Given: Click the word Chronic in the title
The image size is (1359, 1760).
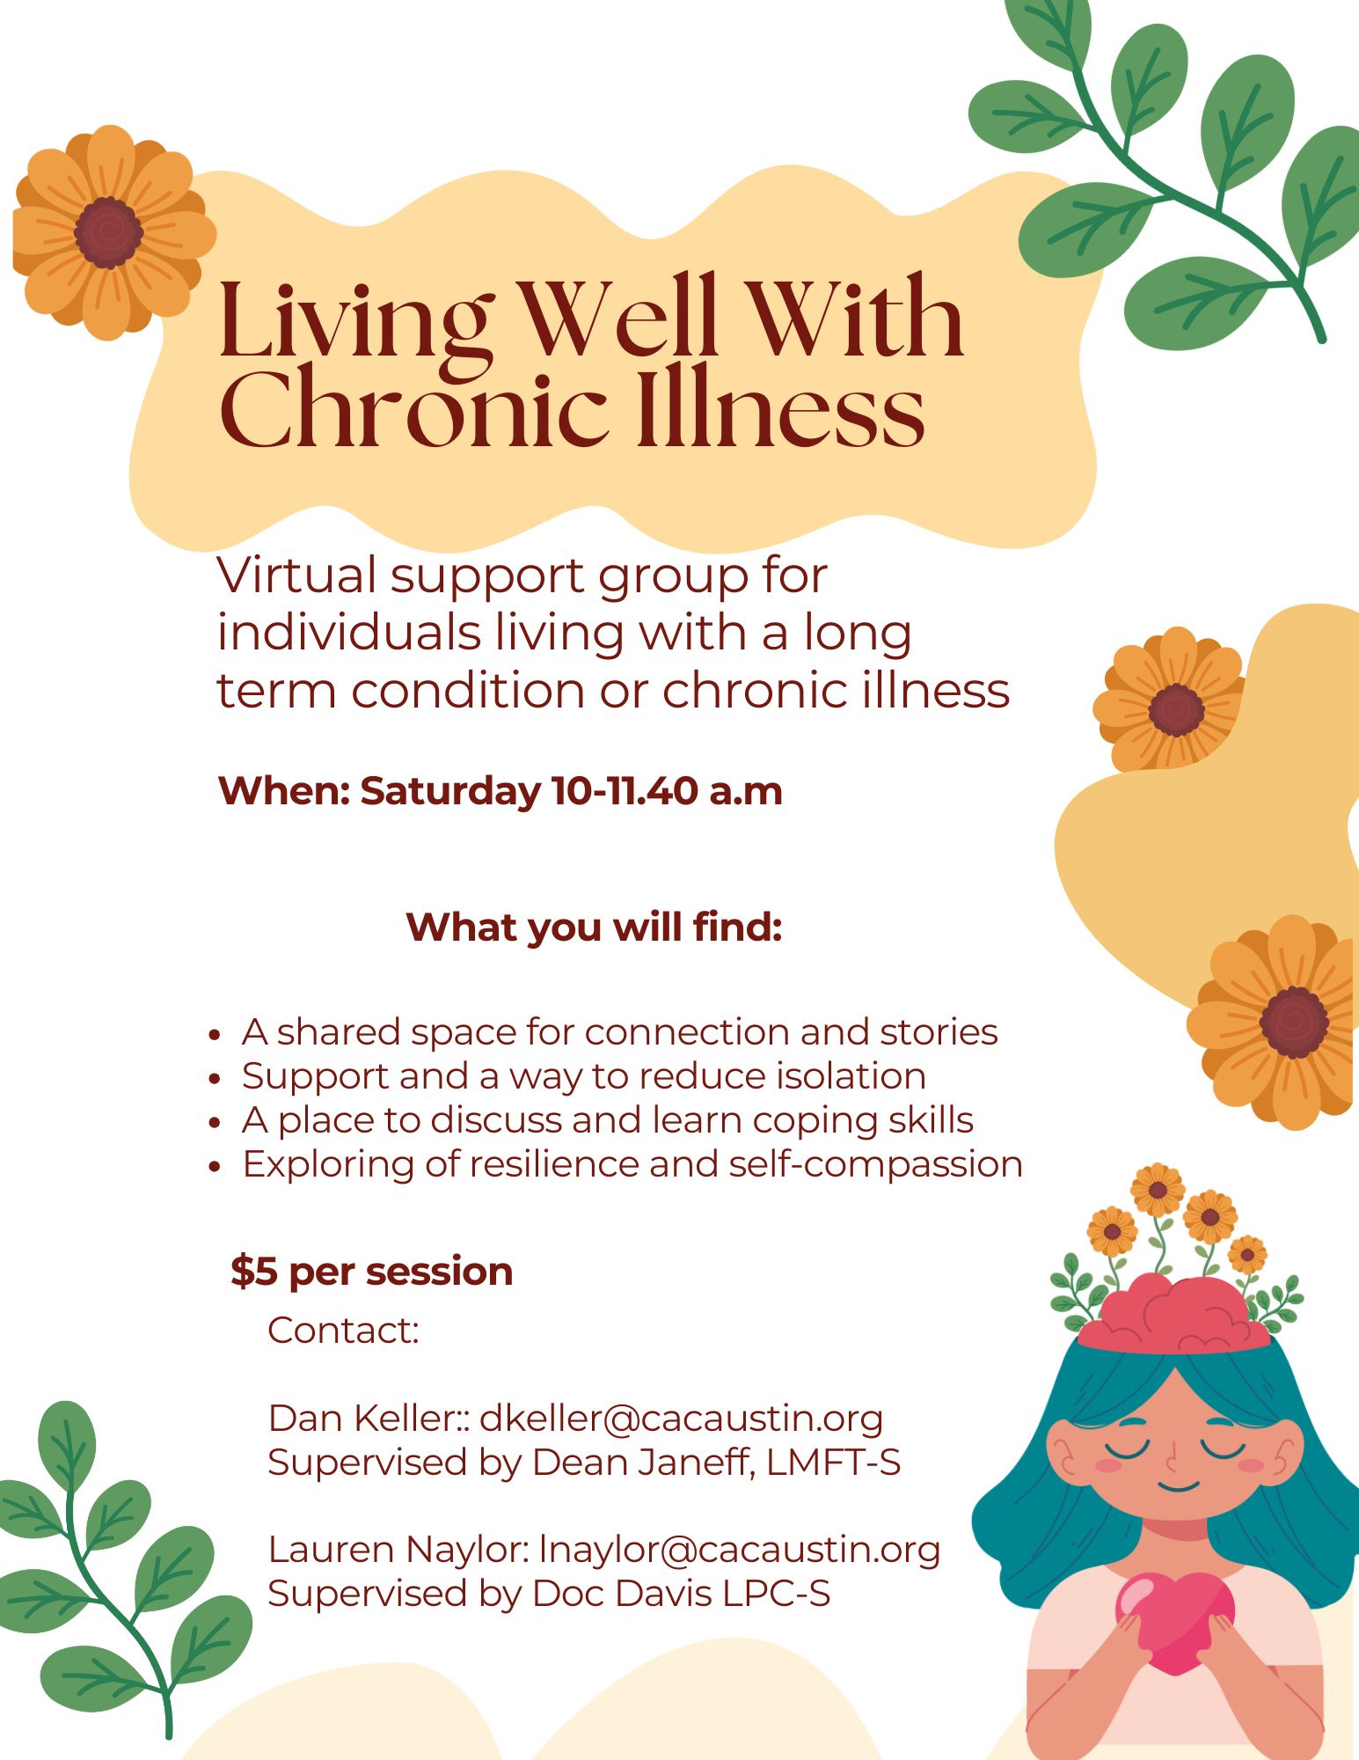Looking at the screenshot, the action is pos(413,409).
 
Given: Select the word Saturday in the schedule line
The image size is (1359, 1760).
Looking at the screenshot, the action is pos(450,792).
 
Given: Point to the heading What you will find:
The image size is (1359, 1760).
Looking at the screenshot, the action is pos(595,928).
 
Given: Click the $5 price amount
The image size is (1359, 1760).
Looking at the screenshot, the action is pos(254,1272).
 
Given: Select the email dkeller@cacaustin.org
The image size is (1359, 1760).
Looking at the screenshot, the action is pos(682,1418).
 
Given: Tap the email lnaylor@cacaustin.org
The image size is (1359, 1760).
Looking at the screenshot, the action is pos(740,1550).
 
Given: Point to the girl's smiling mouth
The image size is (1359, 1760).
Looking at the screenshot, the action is pos(1178,1486).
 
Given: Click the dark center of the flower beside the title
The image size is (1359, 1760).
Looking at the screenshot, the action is pos(108,231).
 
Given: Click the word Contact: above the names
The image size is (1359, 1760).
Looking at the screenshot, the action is pos(343,1331).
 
